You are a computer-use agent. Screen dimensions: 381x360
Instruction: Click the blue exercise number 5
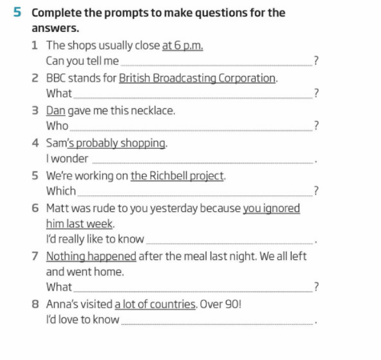16,13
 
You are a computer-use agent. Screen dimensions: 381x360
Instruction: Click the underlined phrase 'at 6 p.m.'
182,45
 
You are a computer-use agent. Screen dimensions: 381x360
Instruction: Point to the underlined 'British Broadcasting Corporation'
197,78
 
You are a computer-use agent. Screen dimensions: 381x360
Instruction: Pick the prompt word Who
57,126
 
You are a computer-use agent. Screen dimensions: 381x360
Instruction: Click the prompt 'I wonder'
67,159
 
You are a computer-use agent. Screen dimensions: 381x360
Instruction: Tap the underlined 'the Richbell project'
177,175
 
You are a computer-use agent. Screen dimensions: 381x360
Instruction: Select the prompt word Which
61,191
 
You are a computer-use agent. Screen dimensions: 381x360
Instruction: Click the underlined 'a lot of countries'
155,304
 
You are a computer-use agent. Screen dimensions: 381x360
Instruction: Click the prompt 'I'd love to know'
82,320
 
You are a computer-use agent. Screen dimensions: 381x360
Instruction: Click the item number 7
35,256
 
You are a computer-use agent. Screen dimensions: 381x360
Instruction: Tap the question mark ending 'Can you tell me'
316,61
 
